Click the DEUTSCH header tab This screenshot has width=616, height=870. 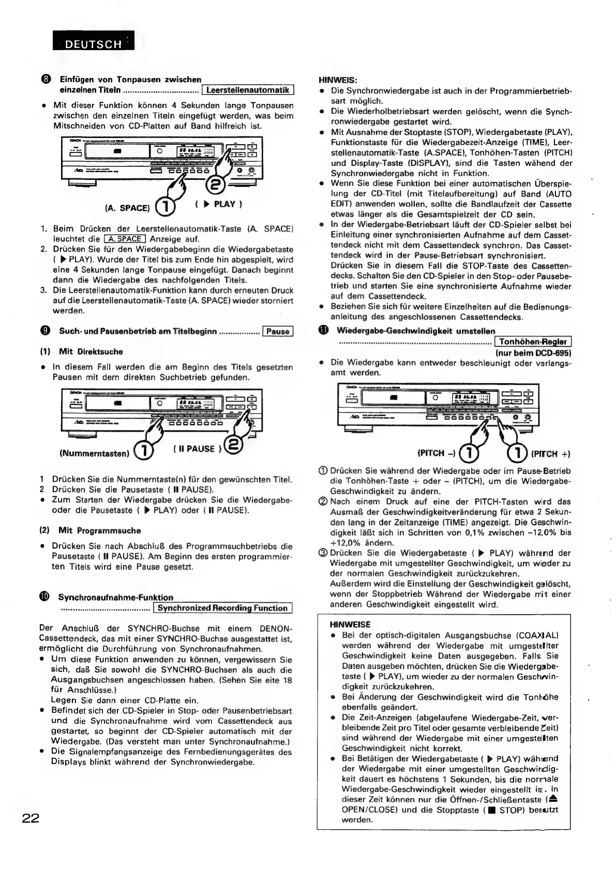(x=93, y=43)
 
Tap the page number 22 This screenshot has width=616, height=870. (x=31, y=818)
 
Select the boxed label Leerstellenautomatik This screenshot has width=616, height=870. (x=248, y=90)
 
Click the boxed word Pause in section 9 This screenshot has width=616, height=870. (x=278, y=331)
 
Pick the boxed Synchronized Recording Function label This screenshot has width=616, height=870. (x=223, y=608)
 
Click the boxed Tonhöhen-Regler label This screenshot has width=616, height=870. (x=533, y=342)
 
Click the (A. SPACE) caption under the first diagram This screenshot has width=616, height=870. (x=127, y=208)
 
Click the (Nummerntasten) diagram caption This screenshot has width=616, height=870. (x=94, y=453)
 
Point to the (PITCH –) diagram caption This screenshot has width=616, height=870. (x=437, y=453)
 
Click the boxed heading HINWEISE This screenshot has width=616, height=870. (x=350, y=624)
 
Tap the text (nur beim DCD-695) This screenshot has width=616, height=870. (x=533, y=353)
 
